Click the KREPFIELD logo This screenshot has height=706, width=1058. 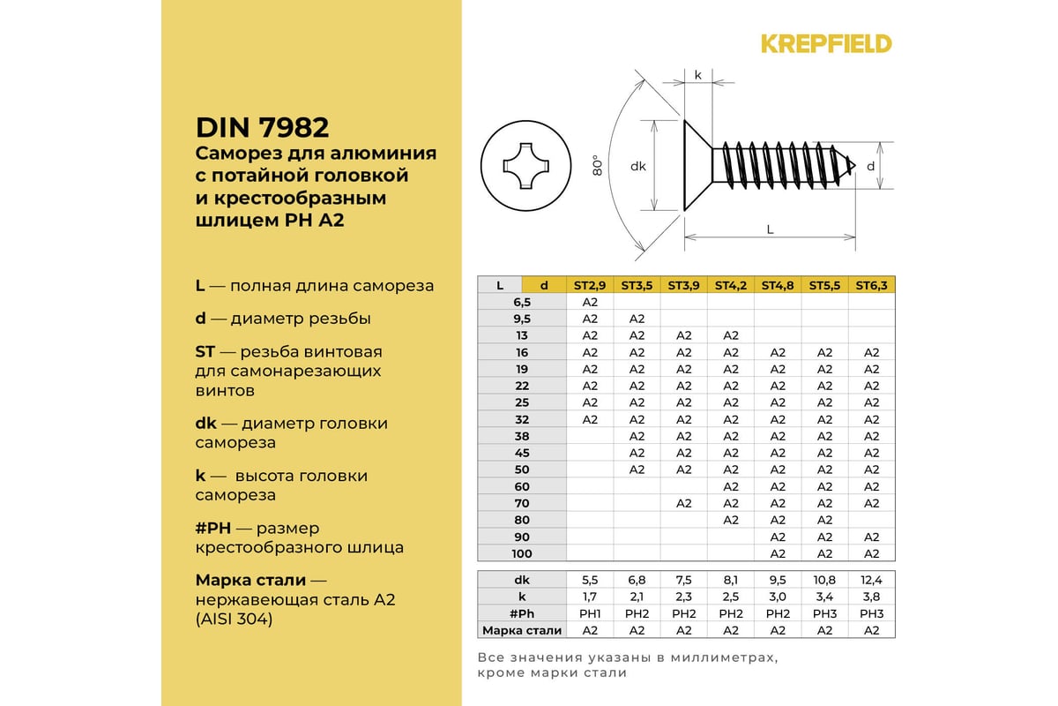pos(826,44)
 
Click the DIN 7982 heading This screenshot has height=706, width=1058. pos(262,127)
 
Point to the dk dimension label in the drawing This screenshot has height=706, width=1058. pos(639,166)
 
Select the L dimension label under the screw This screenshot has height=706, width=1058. pos(770,229)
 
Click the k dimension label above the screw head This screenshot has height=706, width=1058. pos(697,75)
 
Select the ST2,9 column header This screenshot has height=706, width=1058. pos(590,285)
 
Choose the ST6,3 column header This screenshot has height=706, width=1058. pos(871,285)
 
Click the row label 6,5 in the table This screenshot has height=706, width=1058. pos(522,302)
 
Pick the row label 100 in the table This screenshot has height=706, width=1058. pos(522,553)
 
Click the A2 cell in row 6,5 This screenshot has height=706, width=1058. pos(590,302)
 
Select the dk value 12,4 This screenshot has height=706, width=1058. pos(871,580)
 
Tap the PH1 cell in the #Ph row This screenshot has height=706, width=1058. pos(590,613)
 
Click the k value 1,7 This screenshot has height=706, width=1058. pos(590,597)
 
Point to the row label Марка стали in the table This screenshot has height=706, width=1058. pos(522,630)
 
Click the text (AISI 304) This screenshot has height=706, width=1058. pos(234,620)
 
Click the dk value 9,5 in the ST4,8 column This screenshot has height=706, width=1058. pos(778,580)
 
